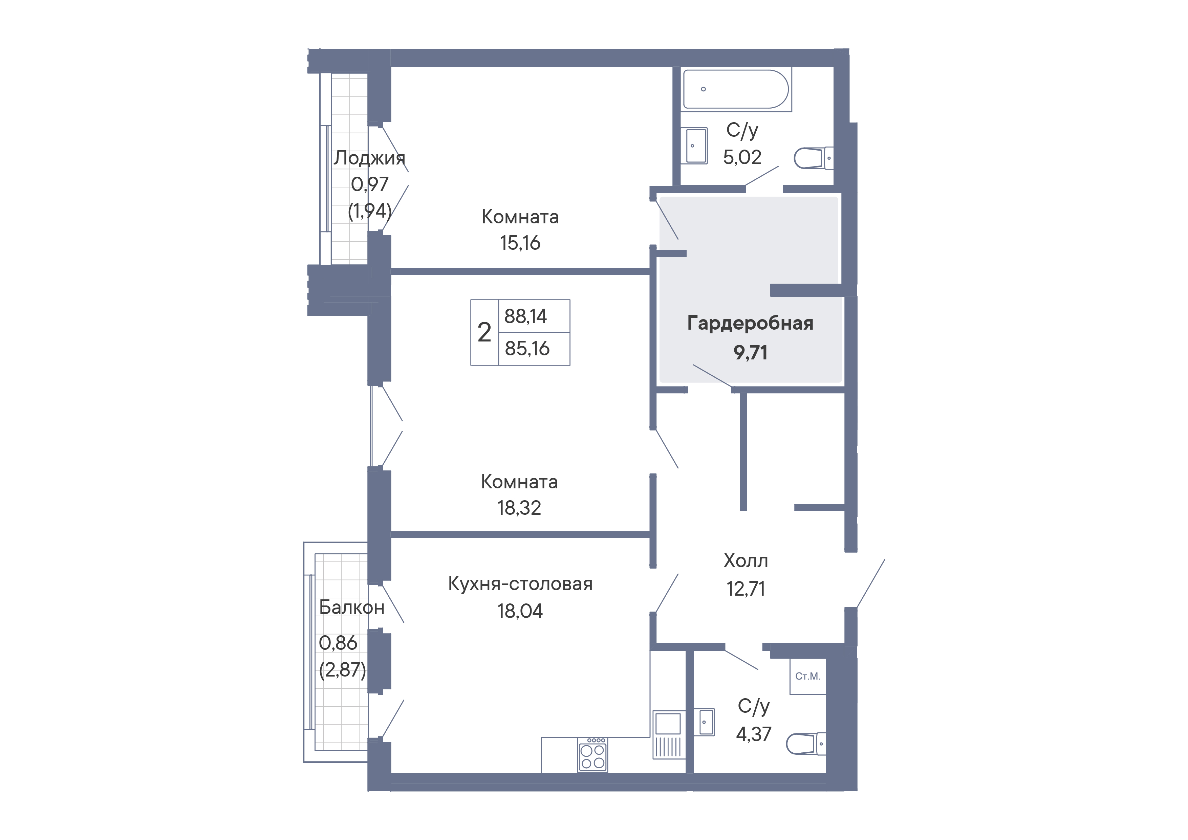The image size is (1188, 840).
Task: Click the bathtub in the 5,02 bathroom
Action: click(x=736, y=89)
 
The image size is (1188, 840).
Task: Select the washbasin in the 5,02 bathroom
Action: click(x=694, y=146)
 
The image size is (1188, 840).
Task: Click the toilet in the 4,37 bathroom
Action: click(x=806, y=744)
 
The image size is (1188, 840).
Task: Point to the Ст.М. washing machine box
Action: click(x=808, y=676)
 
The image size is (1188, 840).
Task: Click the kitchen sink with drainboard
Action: click(x=668, y=734)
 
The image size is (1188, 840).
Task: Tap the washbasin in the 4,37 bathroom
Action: click(x=704, y=722)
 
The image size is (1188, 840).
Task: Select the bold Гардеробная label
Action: click(x=750, y=323)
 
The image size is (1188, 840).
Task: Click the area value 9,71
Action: click(x=750, y=353)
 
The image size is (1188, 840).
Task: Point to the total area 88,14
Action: click(x=526, y=316)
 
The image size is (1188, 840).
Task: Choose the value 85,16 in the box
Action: click(x=527, y=349)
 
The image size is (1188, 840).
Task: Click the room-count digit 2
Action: click(x=484, y=332)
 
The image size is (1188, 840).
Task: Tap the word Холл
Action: click(x=746, y=561)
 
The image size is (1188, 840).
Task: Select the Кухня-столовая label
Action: click(x=520, y=583)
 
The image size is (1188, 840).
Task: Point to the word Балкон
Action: click(x=352, y=607)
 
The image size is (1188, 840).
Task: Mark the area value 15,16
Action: click(x=520, y=243)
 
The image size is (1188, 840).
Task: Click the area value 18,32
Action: click(x=519, y=508)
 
